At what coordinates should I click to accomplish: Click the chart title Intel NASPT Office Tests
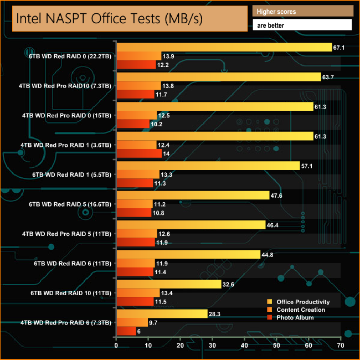point(109,19)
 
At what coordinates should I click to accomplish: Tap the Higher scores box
point(302,11)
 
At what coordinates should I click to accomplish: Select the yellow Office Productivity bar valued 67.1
point(224,48)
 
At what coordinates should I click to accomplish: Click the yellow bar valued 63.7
point(218,77)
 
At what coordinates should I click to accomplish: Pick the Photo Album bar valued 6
point(126,331)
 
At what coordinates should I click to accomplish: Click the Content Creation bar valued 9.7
point(132,322)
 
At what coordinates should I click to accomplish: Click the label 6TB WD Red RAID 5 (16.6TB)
point(70,204)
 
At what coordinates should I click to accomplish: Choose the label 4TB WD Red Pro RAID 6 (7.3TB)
point(66,322)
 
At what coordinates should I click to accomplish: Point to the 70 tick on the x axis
point(340,346)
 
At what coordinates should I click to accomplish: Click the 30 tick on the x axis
point(212,346)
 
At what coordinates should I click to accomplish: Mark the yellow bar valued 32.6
point(168,284)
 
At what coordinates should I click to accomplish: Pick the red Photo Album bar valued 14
point(138,153)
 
